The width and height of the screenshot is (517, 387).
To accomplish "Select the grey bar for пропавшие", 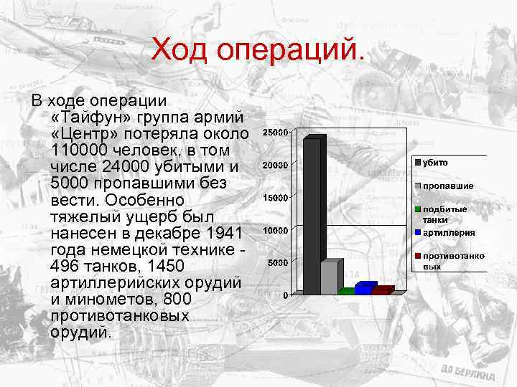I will coord(330,277).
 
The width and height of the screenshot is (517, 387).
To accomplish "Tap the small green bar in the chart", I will coord(347,292).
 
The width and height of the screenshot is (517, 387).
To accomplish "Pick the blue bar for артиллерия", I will coord(365,288).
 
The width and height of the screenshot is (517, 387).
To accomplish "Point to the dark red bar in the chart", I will coord(382,290).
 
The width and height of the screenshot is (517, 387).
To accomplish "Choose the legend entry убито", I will coord(435,163).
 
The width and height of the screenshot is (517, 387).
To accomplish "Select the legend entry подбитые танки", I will coord(445,214).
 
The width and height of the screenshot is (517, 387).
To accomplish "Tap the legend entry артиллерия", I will coord(449,232).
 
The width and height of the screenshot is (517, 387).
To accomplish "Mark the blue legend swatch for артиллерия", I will coord(417,232).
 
